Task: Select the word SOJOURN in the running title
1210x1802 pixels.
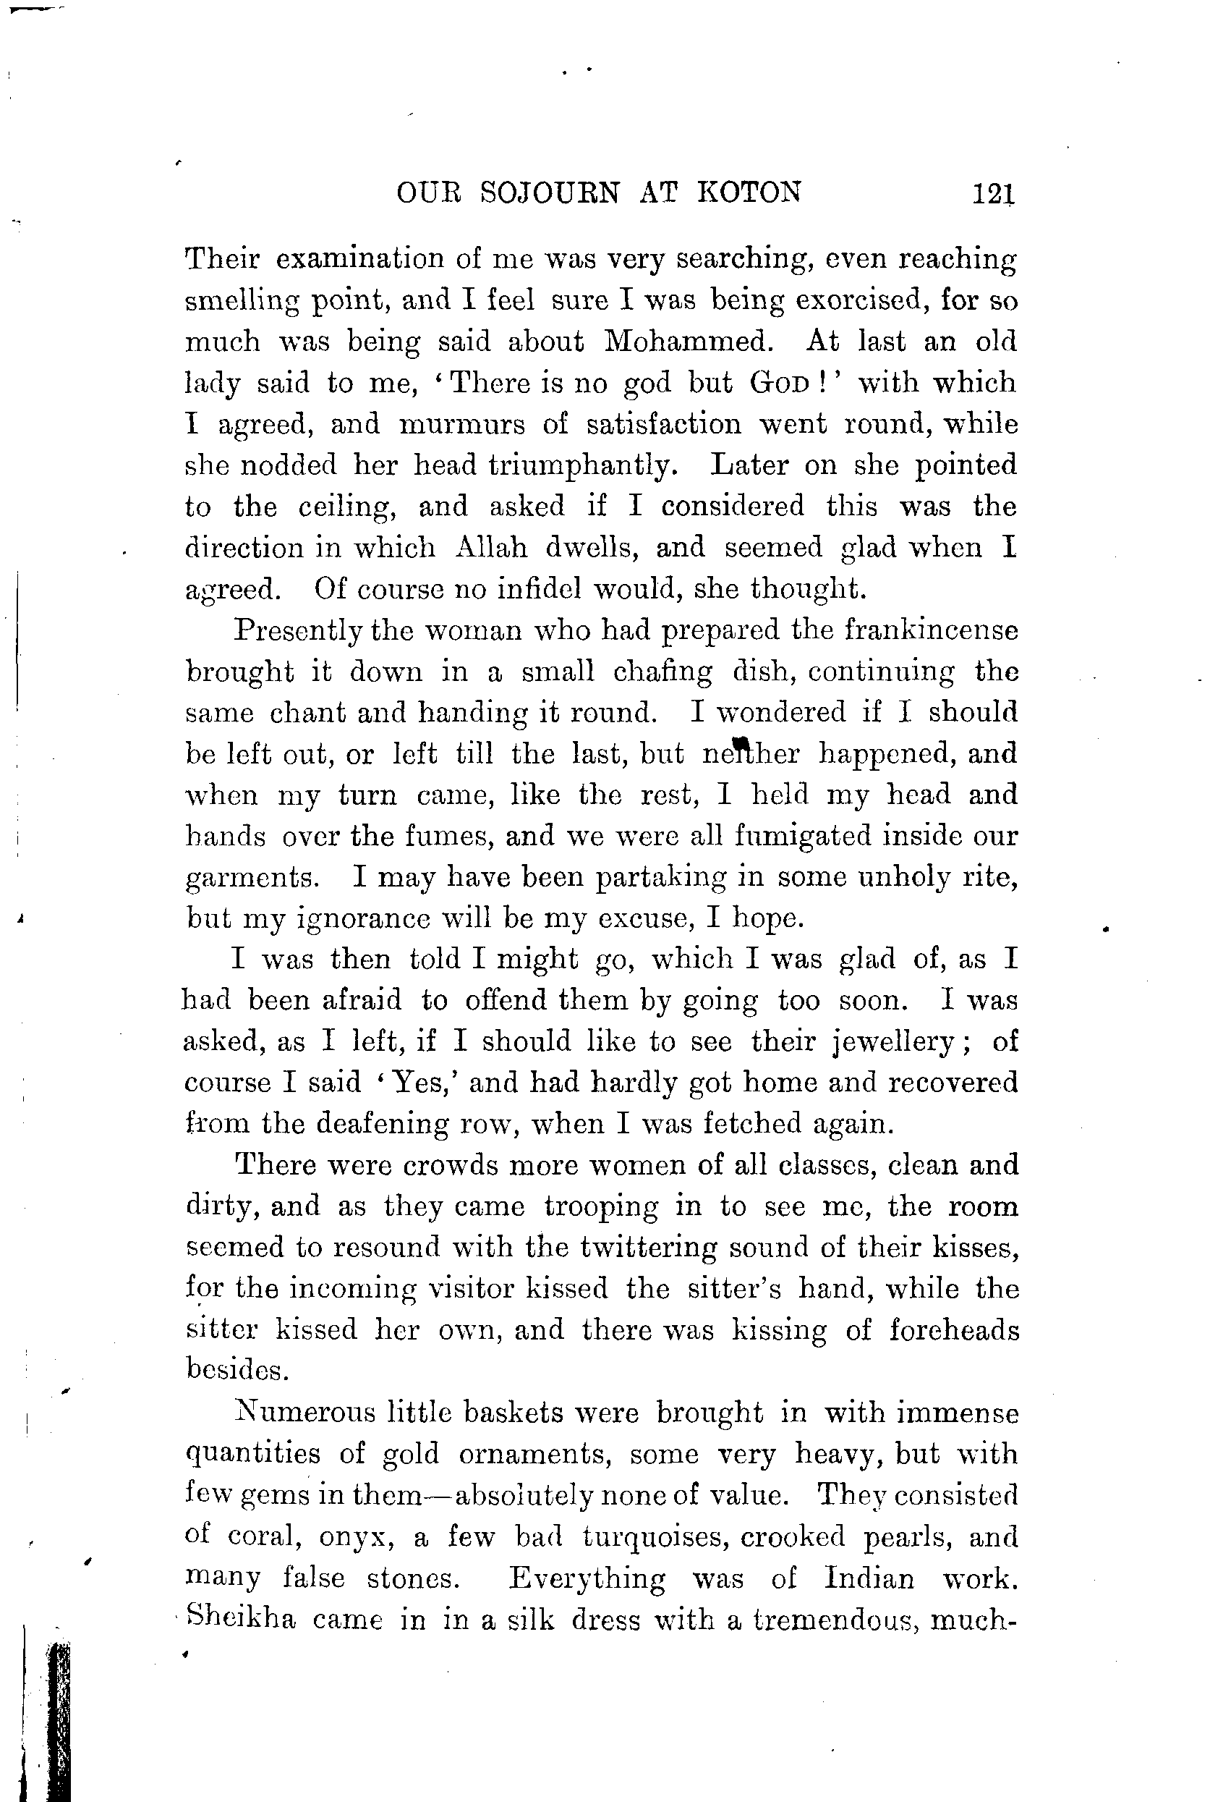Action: tap(550, 192)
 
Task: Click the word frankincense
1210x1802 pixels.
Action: tap(932, 631)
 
